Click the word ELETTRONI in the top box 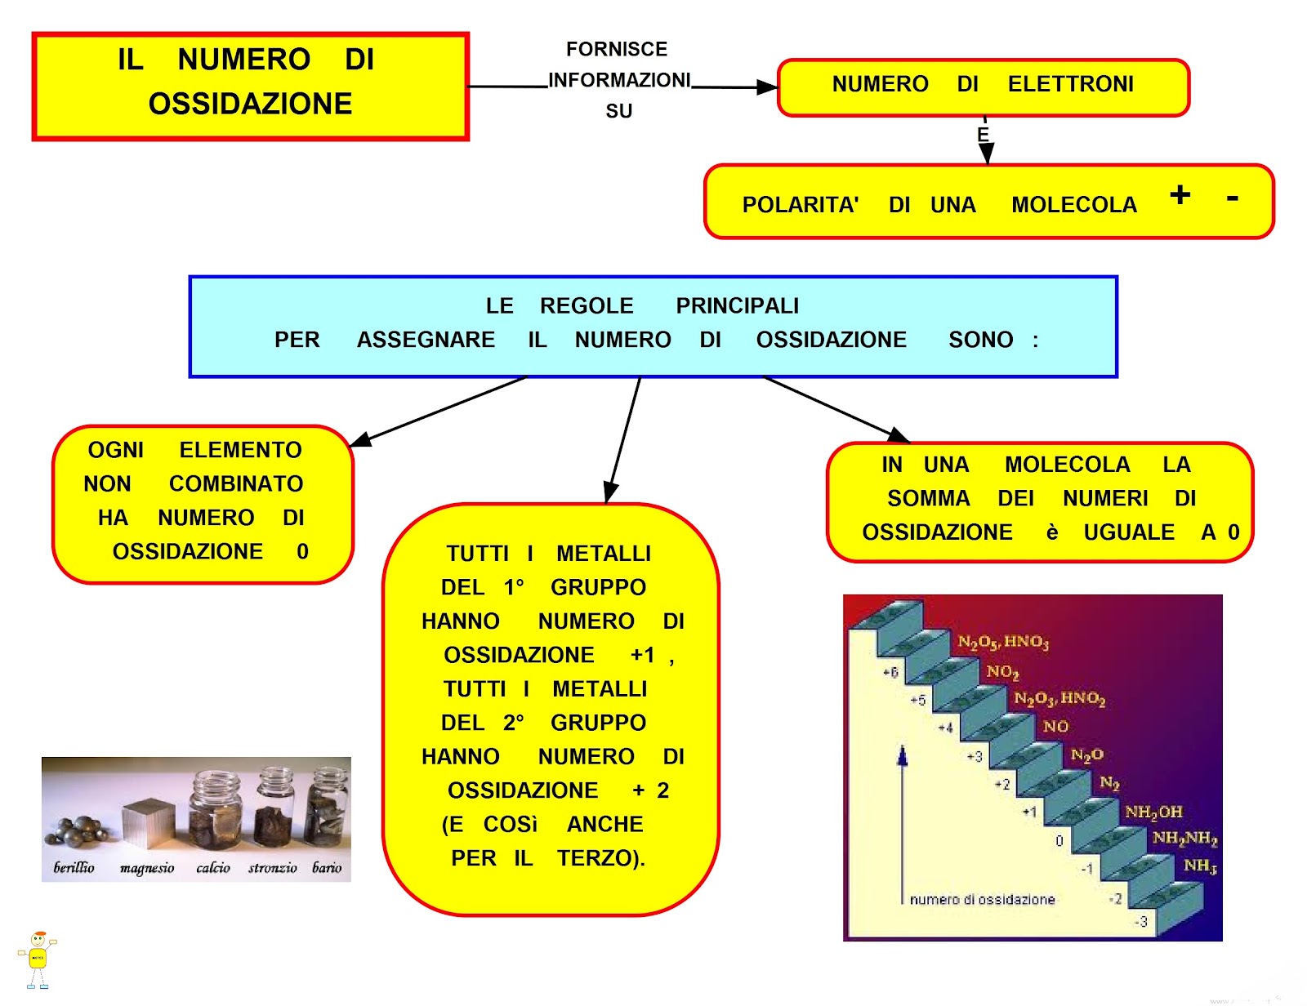1070,84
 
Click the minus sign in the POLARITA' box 1232,198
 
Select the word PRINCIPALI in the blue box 737,305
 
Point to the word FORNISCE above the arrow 617,49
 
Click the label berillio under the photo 74,867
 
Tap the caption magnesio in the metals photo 147,867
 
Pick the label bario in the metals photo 327,867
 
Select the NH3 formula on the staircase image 1200,866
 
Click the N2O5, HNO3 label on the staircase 1003,642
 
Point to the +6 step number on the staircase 890,672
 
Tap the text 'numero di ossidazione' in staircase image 982,899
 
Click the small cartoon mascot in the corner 37,960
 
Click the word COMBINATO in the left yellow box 236,483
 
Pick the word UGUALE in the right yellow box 1129,532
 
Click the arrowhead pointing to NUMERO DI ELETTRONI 768,87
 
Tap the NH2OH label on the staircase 1153,812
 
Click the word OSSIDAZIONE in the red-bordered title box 250,104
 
